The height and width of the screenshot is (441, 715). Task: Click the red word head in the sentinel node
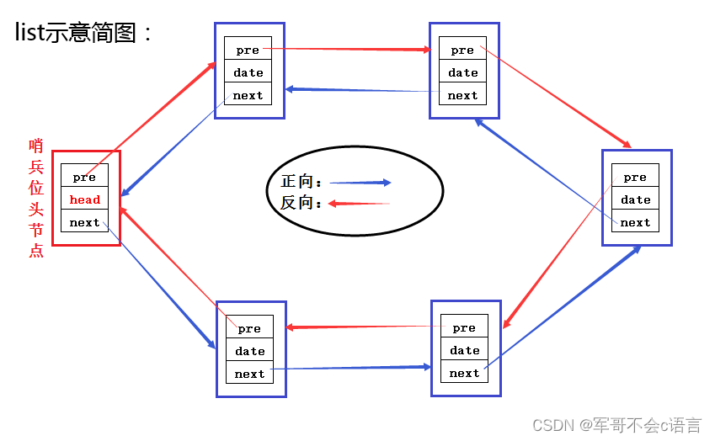click(x=85, y=199)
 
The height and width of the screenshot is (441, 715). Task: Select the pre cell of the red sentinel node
click(x=85, y=177)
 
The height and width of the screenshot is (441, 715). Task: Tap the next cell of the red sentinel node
click(x=85, y=222)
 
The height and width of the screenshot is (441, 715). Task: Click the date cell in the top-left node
click(x=248, y=72)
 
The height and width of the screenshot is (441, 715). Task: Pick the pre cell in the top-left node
click(x=248, y=50)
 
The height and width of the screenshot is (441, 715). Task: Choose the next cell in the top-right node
click(x=463, y=95)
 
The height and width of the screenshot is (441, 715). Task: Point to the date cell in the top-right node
click(x=463, y=72)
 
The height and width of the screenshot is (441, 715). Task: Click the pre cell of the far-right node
click(x=636, y=177)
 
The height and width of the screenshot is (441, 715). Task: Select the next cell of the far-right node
click(x=636, y=222)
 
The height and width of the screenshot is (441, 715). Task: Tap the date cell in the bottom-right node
click(x=465, y=350)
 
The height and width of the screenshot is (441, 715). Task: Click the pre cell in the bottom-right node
click(x=465, y=327)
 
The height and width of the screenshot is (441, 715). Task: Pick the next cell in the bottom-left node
click(x=250, y=374)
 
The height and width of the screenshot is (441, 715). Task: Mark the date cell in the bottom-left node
click(x=250, y=351)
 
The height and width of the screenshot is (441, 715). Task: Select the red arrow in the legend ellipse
click(x=359, y=203)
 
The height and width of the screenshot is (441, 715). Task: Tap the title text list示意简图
click(x=85, y=33)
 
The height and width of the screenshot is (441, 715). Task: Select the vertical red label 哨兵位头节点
click(x=36, y=198)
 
